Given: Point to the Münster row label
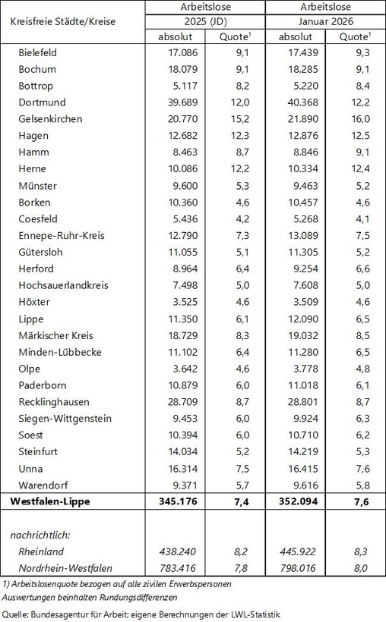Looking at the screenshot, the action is [x=37, y=185].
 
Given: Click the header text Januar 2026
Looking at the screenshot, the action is [x=326, y=21].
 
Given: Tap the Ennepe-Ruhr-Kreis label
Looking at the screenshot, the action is [x=61, y=235].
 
